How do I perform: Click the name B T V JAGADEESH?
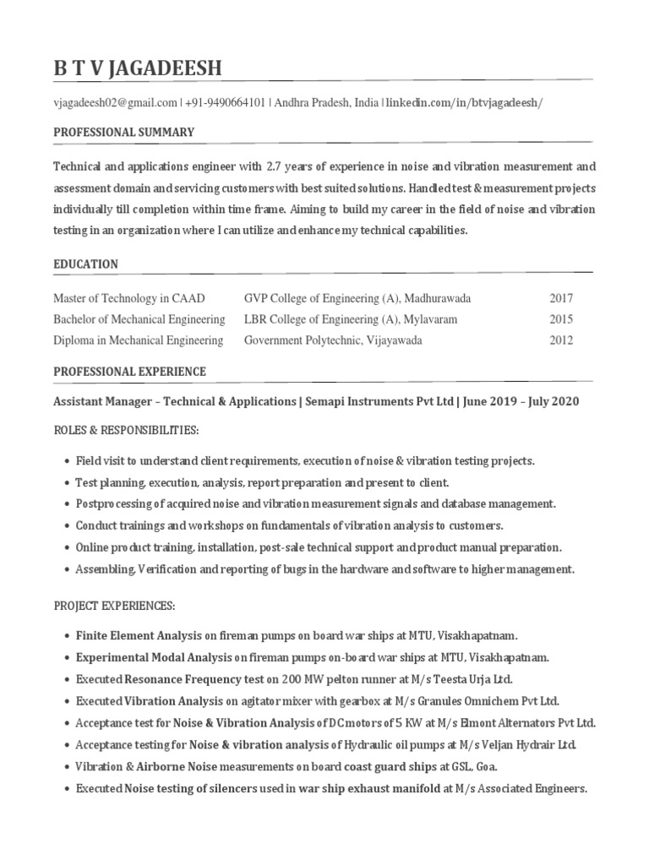(138, 68)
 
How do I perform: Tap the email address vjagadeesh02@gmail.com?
(115, 103)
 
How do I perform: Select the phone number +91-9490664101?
(226, 103)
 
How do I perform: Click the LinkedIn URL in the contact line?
(464, 103)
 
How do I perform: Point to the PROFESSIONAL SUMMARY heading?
(124, 133)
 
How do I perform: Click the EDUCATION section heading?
(85, 264)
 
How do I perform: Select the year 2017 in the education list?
(561, 298)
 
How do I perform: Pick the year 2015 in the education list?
(561, 319)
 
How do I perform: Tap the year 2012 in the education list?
(561, 340)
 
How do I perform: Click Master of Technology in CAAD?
(129, 298)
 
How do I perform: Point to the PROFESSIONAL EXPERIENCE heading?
(129, 372)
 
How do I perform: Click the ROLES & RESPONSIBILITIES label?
(126, 431)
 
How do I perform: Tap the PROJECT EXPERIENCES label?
(114, 606)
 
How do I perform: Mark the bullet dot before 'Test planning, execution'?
(66, 482)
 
